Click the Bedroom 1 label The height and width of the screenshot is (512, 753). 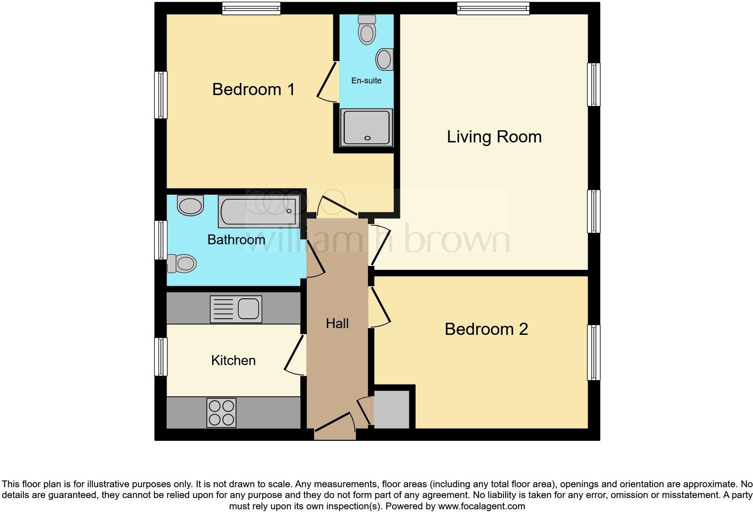[253, 89]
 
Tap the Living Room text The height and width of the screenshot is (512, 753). [494, 137]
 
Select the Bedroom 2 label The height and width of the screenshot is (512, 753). [486, 329]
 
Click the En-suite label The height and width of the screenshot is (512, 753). [366, 81]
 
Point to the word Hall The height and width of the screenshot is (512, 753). [337, 323]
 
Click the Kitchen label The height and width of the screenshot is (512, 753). [233, 360]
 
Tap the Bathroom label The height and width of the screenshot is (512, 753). [236, 239]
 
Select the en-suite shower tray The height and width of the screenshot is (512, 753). [367, 127]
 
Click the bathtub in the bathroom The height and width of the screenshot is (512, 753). [259, 211]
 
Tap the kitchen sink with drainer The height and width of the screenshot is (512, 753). [236, 309]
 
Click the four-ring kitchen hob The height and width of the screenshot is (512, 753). [222, 413]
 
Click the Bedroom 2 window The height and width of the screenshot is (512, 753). [594, 352]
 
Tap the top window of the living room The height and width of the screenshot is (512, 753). [493, 8]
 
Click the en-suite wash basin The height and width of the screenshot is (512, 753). [385, 59]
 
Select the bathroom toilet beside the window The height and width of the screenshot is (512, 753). [182, 263]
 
